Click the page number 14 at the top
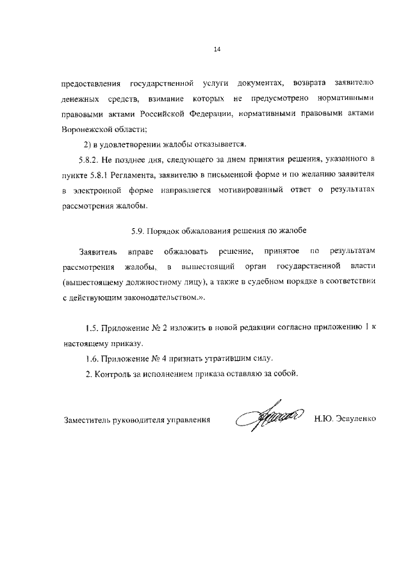click(217, 49)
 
